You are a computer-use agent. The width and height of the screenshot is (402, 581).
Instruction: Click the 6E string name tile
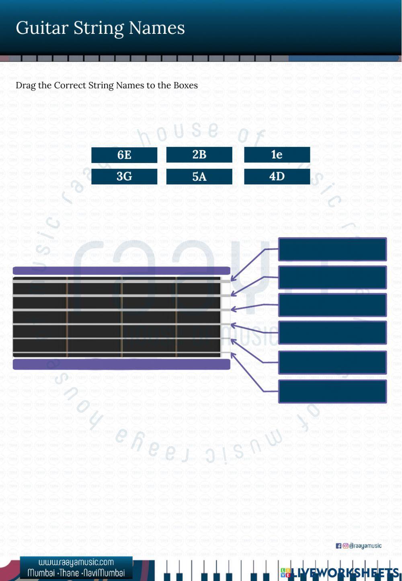tap(124, 155)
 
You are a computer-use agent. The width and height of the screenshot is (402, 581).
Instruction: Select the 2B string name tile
tap(199, 155)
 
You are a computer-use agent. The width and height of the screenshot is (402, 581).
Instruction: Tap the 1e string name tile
tap(277, 155)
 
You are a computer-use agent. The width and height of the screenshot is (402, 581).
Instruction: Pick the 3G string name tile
tap(124, 176)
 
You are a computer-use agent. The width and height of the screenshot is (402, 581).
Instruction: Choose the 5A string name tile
tap(199, 176)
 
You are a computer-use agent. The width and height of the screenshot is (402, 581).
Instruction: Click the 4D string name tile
tap(277, 176)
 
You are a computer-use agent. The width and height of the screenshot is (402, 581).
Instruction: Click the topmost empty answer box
tap(332, 249)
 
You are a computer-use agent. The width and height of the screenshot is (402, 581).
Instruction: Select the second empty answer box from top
tap(332, 277)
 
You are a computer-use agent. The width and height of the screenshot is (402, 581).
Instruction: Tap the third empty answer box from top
tap(332, 305)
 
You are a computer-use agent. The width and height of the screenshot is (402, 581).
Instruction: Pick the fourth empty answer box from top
tap(332, 333)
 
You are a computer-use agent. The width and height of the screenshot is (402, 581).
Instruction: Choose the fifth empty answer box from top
tap(332, 362)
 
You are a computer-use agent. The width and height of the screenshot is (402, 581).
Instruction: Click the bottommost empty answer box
tap(332, 391)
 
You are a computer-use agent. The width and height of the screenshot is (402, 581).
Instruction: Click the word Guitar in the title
tap(42, 28)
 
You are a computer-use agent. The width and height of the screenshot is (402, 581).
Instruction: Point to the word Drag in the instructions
tap(25, 85)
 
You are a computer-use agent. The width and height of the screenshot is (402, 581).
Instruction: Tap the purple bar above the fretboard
tap(121, 271)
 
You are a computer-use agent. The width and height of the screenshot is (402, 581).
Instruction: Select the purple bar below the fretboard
tap(121, 364)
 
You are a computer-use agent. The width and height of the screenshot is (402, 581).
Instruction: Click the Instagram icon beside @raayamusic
tap(345, 546)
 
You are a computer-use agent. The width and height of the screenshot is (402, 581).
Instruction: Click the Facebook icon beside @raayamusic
tap(338, 546)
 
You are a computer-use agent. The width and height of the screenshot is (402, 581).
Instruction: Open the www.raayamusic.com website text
tap(76, 562)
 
